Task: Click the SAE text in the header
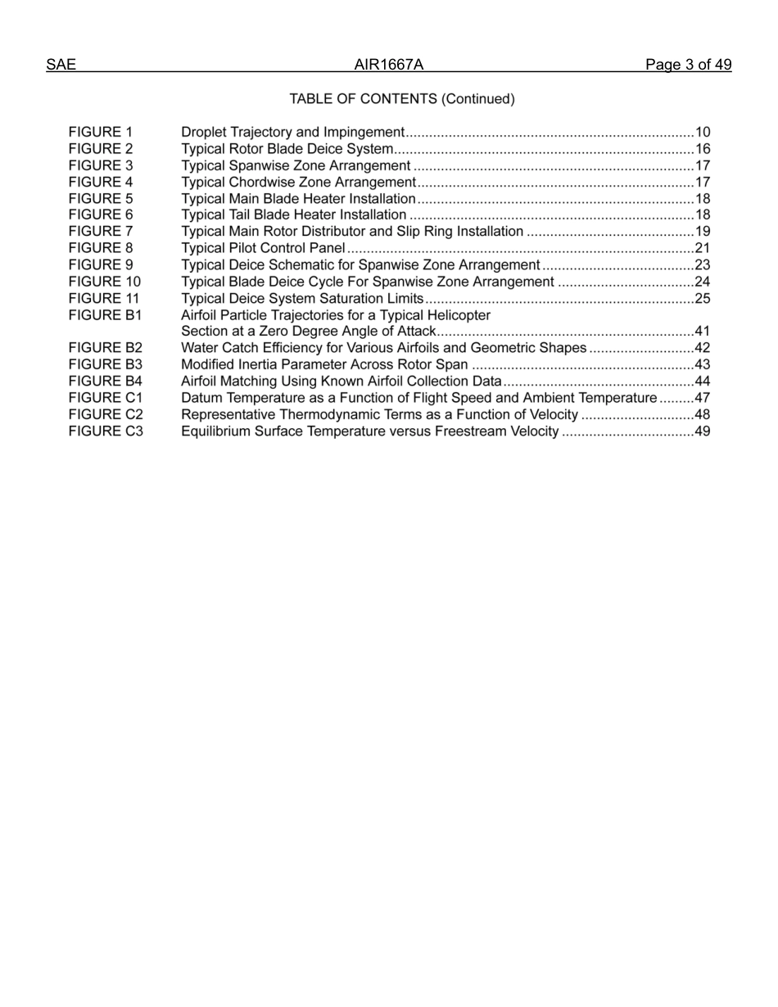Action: (61, 65)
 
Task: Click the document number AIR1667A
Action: (389, 65)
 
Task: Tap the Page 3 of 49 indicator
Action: (688, 65)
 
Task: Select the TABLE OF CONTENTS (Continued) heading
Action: (402, 99)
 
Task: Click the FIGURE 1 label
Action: (101, 132)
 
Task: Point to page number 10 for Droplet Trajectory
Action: (703, 132)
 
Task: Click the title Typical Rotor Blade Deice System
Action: (287, 149)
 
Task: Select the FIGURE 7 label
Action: (101, 232)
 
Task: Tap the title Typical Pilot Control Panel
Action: (263, 248)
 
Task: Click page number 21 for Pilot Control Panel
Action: (703, 248)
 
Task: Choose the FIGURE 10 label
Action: (105, 282)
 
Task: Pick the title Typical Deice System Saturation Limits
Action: (302, 298)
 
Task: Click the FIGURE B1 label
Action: (106, 315)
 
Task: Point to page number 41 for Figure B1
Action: (703, 332)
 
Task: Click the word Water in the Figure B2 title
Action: (199, 348)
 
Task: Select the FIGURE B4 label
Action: (106, 382)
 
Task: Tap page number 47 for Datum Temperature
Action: (703, 398)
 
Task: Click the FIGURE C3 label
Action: (106, 431)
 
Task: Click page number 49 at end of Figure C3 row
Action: (703, 431)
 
